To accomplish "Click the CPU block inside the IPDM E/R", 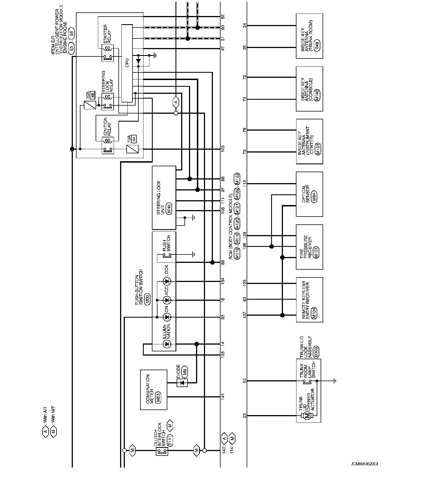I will point(127,63).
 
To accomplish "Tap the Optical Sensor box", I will point(309,194).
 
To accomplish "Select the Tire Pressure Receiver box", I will point(309,247).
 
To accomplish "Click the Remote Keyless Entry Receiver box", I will point(309,300).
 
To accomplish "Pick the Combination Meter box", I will point(154,390).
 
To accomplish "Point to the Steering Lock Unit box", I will point(164,198).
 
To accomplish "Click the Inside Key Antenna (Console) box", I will point(309,89).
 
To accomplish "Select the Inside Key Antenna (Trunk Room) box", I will point(309,36).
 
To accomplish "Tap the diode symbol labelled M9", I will point(182,383).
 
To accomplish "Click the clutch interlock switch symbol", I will point(162,450).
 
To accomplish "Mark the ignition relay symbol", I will point(108,145).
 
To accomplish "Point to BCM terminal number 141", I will point(223,397).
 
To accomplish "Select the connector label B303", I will point(316,351).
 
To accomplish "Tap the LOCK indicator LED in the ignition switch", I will point(167,281).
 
